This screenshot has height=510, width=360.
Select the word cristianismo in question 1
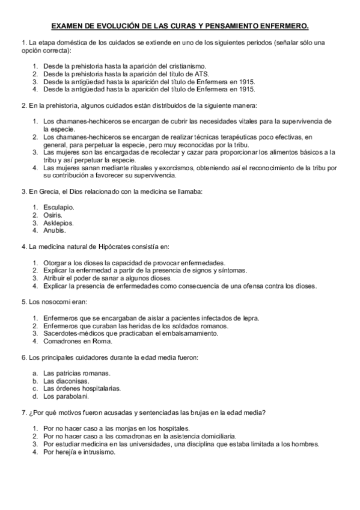pyautogui.click(x=186, y=66)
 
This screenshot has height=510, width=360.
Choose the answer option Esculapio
pyautogui.click(x=58, y=207)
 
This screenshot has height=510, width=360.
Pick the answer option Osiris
pyautogui.click(x=52, y=215)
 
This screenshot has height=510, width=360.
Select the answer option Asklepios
pyautogui.click(x=59, y=223)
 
